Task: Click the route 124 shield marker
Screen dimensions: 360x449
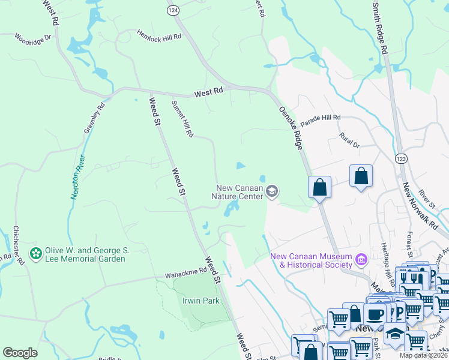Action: point(173,10)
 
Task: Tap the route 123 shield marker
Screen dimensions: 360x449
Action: point(401,158)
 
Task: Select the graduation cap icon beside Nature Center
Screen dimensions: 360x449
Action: point(272,191)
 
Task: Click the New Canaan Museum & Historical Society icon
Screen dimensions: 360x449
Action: point(361,260)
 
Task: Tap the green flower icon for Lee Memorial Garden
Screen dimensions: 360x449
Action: point(36,254)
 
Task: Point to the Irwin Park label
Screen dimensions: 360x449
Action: point(200,301)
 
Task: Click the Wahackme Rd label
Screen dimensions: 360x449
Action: point(181,274)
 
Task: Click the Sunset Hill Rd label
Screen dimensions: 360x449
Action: point(182,119)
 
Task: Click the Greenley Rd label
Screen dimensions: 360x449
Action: point(94,118)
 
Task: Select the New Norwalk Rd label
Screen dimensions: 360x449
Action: point(419,204)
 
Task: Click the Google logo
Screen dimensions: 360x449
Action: point(20,353)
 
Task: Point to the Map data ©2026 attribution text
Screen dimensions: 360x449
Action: point(423,355)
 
